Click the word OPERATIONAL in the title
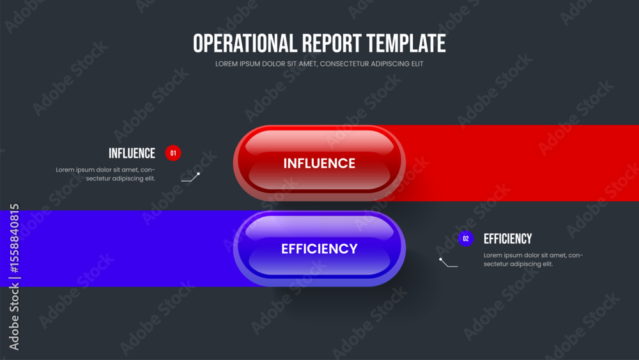245,43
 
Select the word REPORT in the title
331,43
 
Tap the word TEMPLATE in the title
406,43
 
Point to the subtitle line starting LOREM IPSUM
319,64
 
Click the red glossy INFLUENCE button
319,163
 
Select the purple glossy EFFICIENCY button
319,249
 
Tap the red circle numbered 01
173,153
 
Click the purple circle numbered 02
466,239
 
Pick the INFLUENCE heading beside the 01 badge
132,153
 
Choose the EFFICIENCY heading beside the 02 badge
508,239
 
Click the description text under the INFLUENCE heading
105,174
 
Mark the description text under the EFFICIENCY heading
533,260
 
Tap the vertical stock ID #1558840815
15,239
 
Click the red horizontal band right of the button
521,163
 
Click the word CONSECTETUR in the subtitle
344,64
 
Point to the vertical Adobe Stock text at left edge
15,317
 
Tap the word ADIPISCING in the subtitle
390,64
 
